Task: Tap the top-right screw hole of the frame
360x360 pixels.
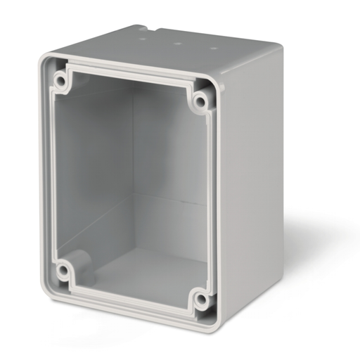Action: click(x=200, y=103)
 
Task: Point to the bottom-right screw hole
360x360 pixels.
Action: click(x=201, y=301)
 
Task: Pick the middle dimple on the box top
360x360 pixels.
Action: click(x=178, y=43)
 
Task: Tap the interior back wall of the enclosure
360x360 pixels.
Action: click(x=169, y=162)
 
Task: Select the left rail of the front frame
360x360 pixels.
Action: click(x=48, y=176)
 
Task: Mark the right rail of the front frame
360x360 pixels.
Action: click(x=214, y=204)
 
